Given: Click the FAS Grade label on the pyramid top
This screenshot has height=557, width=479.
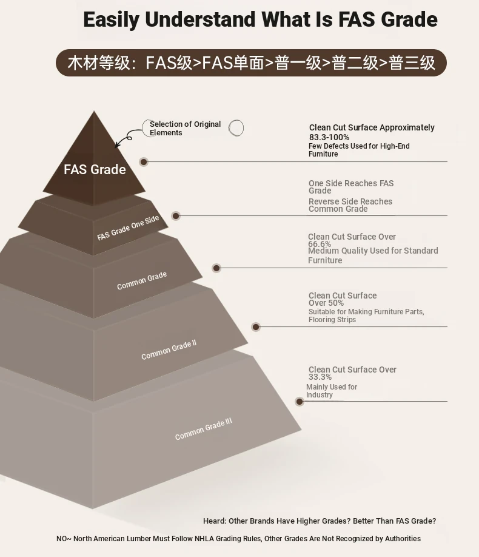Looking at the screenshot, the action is click(95, 169).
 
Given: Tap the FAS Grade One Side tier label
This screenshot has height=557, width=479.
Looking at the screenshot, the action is click(128, 228).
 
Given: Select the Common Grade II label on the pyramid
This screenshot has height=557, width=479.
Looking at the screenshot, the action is click(169, 350).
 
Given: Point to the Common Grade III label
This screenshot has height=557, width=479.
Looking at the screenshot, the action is click(204, 429).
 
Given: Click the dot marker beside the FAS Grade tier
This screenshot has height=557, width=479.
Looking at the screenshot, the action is click(144, 162).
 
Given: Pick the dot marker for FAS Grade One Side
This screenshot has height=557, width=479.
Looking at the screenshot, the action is click(176, 216).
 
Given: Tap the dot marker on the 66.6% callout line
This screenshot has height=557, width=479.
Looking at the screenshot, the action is click(216, 268).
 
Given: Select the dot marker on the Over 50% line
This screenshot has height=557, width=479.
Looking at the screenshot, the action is click(256, 327).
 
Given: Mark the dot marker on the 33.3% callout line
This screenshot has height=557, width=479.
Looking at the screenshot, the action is click(300, 402).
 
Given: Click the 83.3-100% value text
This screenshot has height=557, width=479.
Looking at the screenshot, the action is click(329, 138).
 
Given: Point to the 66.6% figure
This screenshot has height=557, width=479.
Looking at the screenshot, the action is click(320, 244).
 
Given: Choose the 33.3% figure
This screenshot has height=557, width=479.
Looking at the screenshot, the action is click(320, 377).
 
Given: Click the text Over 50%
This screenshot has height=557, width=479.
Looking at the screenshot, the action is click(326, 303).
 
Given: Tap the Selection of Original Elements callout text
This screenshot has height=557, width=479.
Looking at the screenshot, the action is click(185, 128).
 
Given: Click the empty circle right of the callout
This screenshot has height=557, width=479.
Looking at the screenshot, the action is click(236, 128).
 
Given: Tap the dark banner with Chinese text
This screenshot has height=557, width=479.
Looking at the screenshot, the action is click(251, 63).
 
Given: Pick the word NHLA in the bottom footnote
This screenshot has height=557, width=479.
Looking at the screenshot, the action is click(204, 539).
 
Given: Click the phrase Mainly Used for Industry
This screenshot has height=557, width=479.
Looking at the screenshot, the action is click(332, 391).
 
